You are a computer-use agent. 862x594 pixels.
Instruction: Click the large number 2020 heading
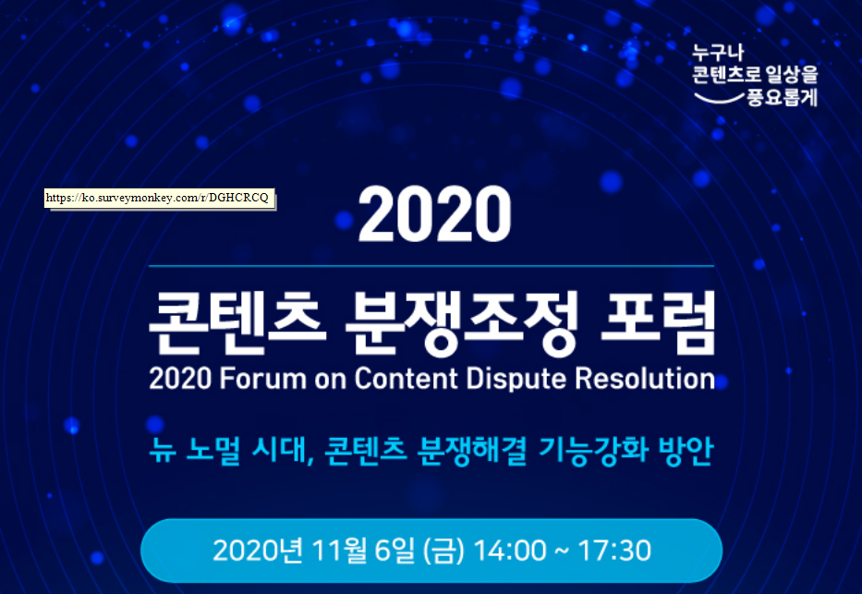[x=435, y=213]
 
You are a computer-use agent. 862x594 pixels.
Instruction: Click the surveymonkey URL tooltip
[x=160, y=199]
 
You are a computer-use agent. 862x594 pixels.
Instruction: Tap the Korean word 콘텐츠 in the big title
[x=235, y=322]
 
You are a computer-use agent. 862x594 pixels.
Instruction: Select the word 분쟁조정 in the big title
[x=462, y=322]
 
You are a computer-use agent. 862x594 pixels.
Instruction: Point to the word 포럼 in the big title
[x=658, y=322]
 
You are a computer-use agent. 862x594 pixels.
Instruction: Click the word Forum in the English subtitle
[x=262, y=379]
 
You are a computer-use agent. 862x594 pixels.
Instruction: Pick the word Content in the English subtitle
[x=406, y=379]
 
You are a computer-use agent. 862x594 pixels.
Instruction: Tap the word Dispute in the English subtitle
[x=516, y=380]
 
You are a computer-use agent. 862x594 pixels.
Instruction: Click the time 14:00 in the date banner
[x=510, y=551]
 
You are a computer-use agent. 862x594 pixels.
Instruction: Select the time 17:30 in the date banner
[x=614, y=551]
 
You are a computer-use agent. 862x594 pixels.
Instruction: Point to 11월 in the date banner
[x=338, y=551]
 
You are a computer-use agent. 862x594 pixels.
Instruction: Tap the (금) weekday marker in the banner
[x=444, y=552]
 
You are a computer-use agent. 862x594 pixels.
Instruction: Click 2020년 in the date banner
[x=257, y=551]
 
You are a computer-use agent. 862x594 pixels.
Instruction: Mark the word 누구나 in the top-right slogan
[x=718, y=53]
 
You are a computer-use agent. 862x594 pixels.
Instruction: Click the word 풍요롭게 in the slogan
[x=782, y=97]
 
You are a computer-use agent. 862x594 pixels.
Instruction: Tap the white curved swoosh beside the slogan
[x=719, y=99]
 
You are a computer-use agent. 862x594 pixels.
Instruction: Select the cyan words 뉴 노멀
[x=195, y=451]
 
